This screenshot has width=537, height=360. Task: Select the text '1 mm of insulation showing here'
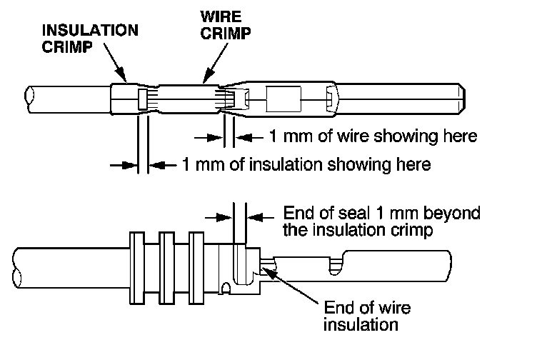point(307,165)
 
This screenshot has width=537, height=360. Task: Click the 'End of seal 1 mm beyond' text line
point(382,213)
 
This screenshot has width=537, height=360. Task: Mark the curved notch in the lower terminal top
point(334,264)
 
